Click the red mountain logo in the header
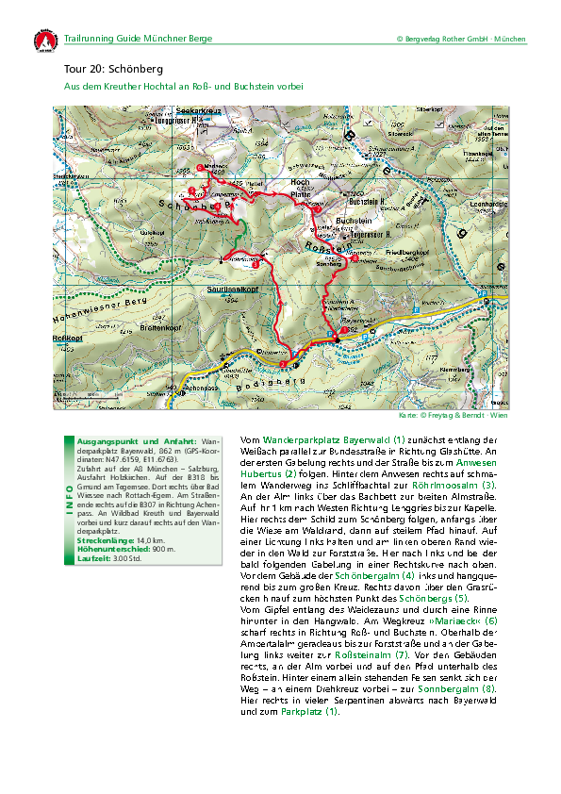tap(43, 41)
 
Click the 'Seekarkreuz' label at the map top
tap(199, 112)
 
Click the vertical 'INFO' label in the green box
tap(68, 488)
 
